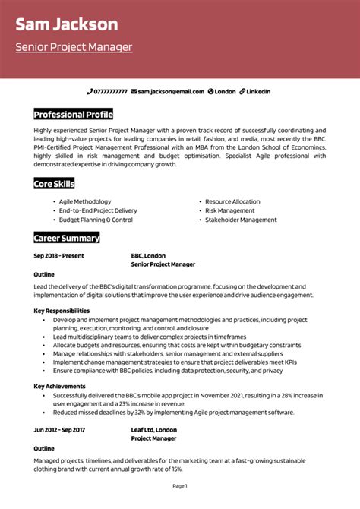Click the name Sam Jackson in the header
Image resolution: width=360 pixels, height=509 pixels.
67,24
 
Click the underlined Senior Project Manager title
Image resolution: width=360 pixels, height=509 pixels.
74,47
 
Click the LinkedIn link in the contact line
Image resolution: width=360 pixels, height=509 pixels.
258,91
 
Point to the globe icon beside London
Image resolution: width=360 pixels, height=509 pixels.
210,91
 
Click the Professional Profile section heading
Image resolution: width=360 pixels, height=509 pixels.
73,115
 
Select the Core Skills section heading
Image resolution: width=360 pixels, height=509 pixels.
54,184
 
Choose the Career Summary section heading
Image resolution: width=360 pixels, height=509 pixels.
67,238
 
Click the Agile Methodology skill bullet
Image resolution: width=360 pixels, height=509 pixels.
84,201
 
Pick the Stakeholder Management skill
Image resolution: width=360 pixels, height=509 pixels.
241,220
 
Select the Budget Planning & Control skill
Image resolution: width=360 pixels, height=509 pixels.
95,220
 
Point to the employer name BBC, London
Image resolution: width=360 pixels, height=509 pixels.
148,256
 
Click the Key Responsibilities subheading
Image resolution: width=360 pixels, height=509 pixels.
62,311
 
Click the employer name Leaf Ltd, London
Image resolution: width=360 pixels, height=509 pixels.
153,429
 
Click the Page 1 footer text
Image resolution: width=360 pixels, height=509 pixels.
180,485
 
